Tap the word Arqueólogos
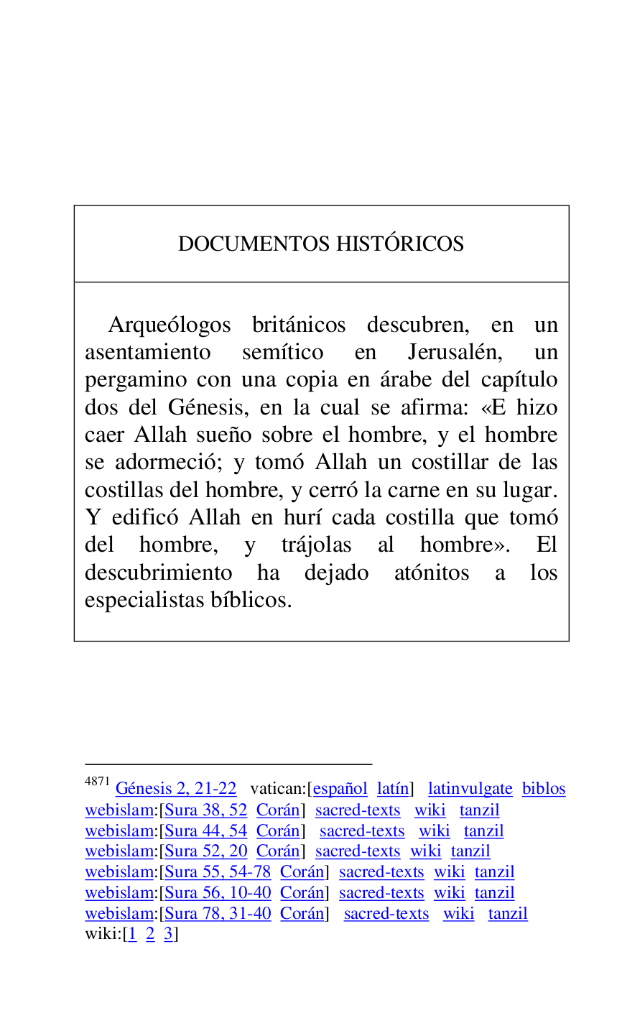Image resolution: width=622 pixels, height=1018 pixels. click(170, 325)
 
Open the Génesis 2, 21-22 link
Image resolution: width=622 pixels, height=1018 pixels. click(176, 789)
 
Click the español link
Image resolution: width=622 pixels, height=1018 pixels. click(340, 789)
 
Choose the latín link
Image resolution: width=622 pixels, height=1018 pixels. click(393, 789)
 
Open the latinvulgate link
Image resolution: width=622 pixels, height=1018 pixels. click(470, 789)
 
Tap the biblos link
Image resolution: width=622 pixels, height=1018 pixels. click(544, 789)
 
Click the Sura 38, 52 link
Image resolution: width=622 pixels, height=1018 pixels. click(206, 810)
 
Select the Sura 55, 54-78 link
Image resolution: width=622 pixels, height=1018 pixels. click(218, 872)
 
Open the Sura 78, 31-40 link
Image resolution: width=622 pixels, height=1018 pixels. click(218, 914)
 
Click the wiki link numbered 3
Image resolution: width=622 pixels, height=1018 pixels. click(168, 934)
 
